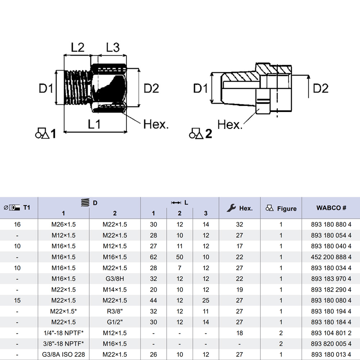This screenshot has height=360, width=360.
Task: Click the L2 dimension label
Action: [x=77, y=47]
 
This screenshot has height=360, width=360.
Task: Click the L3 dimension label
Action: [x=112, y=47]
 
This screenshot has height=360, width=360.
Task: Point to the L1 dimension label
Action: [x=94, y=125]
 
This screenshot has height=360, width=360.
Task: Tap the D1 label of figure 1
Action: [x=46, y=88]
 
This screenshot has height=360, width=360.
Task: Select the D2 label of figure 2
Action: [x=320, y=88]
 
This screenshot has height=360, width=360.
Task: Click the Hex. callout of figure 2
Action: [x=230, y=125]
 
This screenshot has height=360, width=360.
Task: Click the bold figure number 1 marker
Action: [x=53, y=134]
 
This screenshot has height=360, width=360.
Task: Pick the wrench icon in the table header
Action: [x=231, y=208]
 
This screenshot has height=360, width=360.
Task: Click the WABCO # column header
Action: [x=331, y=208]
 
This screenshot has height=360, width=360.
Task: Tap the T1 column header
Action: [x=27, y=207]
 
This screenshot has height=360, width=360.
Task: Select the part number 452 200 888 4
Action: [x=331, y=257]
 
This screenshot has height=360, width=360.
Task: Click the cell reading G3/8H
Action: [x=115, y=279]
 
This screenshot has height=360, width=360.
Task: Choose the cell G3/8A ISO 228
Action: [x=63, y=355]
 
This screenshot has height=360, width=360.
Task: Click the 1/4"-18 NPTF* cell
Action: [x=63, y=333]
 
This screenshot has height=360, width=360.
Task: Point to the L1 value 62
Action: [x=153, y=257]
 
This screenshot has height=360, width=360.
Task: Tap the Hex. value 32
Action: [x=239, y=225]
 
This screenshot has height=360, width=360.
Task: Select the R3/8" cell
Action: [x=115, y=311]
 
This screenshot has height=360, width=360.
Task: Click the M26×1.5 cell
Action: [x=63, y=225]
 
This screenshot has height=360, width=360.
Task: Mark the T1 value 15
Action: [x=17, y=301]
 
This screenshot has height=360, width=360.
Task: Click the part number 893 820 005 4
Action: [x=331, y=344]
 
